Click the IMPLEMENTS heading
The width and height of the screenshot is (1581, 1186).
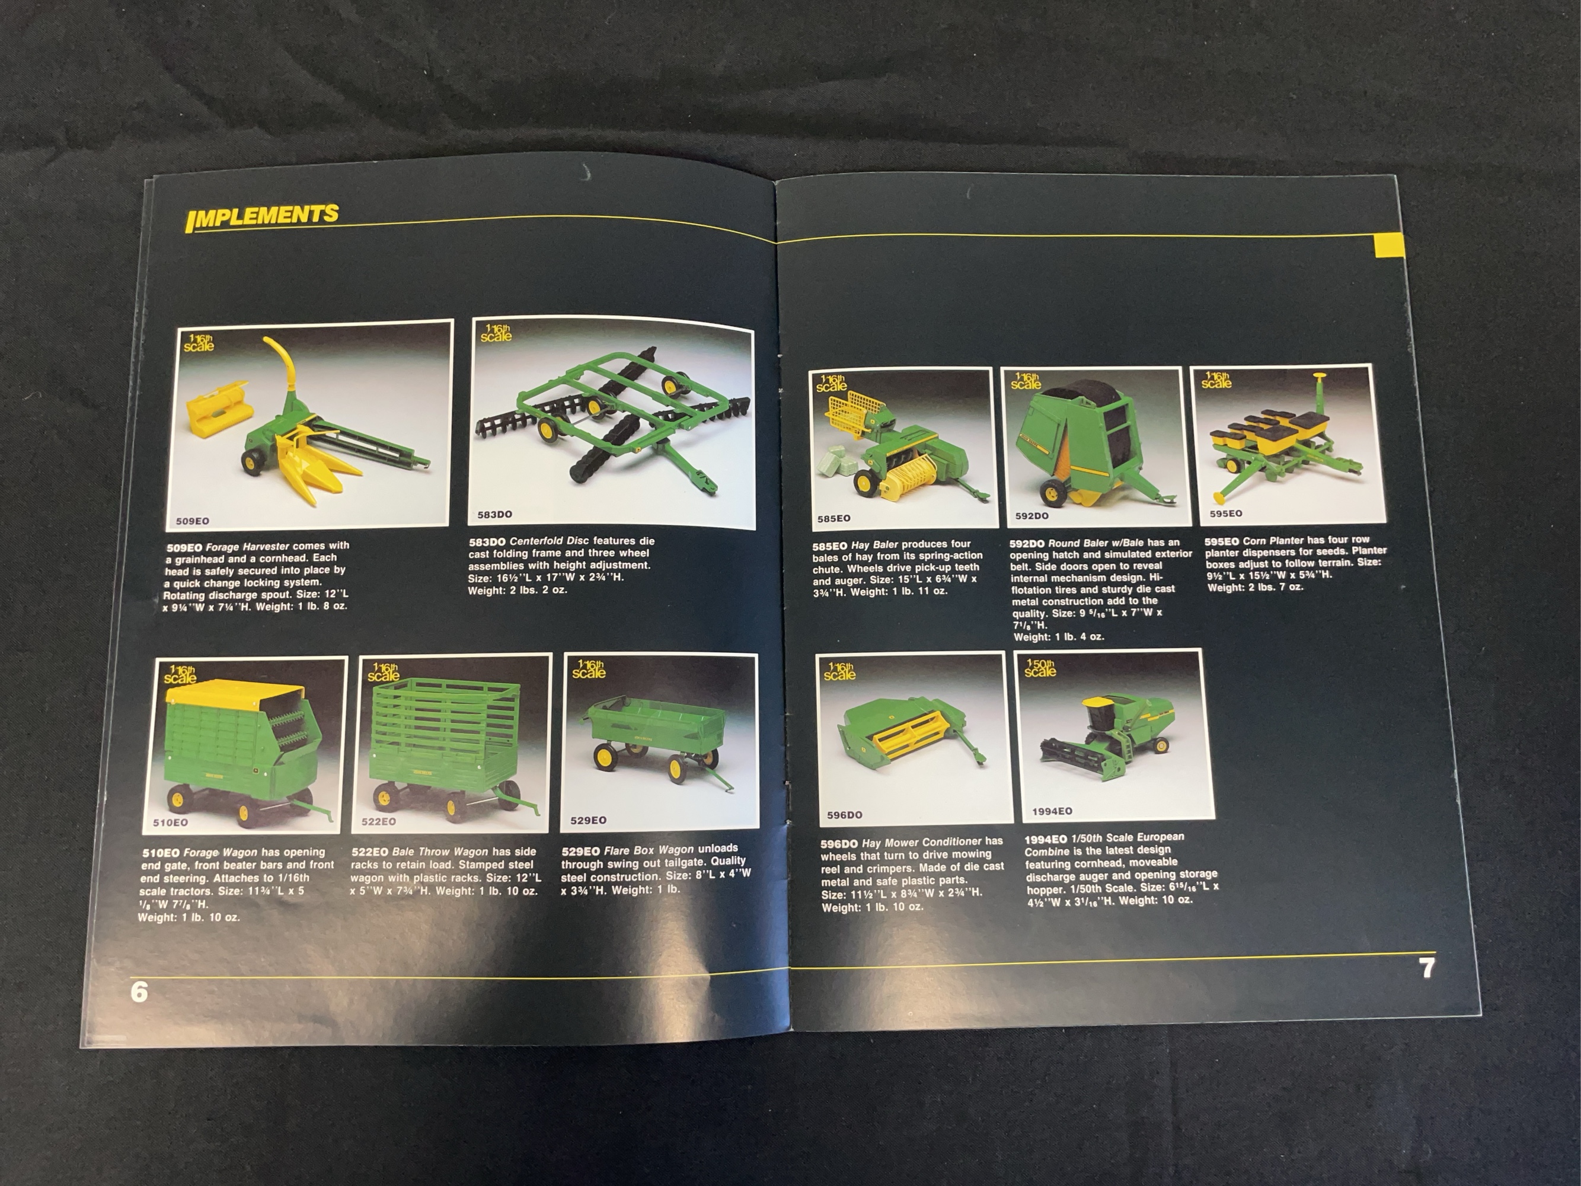(x=261, y=216)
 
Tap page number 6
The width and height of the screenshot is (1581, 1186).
(x=139, y=991)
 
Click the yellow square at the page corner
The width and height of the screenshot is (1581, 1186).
(x=1390, y=246)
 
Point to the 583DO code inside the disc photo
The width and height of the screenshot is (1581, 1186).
(x=494, y=515)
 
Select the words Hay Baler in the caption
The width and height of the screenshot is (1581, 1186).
(x=874, y=545)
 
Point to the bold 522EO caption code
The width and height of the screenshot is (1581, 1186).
(x=369, y=852)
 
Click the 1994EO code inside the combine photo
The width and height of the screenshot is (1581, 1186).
(x=1052, y=811)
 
